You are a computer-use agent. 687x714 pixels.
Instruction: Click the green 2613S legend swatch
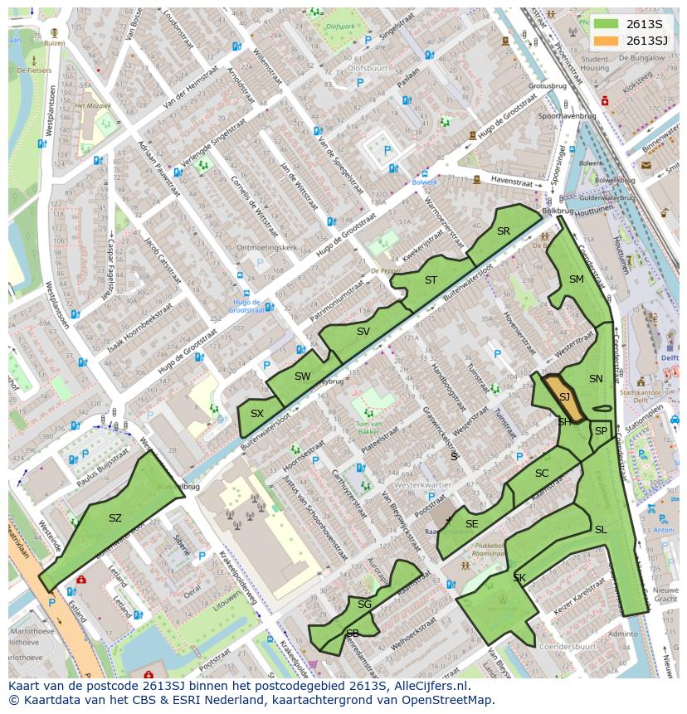(x=607, y=24)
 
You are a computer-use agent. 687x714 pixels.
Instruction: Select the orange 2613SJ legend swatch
(x=607, y=41)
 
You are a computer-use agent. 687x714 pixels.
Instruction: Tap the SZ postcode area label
(x=115, y=518)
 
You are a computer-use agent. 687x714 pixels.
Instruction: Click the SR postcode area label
(x=504, y=231)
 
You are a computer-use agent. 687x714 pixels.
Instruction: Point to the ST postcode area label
(x=431, y=280)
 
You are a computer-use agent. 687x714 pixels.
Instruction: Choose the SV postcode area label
(x=363, y=332)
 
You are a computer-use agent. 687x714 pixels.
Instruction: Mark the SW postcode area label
(x=303, y=376)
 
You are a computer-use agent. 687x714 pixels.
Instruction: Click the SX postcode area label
(x=257, y=413)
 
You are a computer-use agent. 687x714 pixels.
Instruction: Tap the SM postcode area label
(x=577, y=279)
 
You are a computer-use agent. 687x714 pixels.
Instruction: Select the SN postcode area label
(x=596, y=379)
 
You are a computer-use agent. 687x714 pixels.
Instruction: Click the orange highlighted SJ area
(x=563, y=397)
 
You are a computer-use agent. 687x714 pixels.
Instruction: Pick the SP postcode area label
(x=601, y=431)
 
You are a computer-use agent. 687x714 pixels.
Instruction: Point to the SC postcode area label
(x=542, y=474)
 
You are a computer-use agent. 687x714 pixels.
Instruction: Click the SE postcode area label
(x=472, y=524)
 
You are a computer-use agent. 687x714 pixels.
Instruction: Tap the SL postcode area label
(x=601, y=530)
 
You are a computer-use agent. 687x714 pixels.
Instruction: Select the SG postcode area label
(x=364, y=605)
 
